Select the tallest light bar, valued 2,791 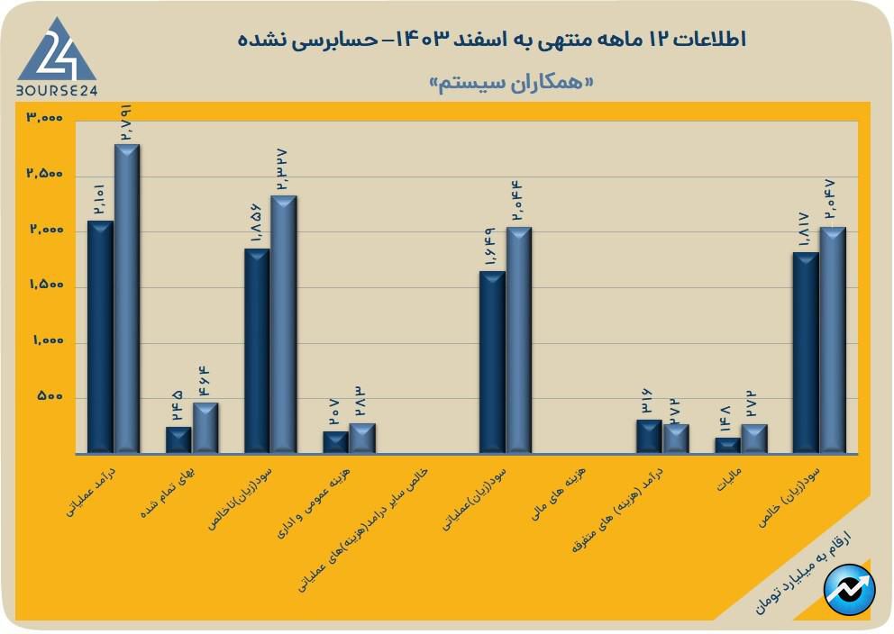[127, 297]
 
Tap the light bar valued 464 [205, 427]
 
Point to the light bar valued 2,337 [284, 323]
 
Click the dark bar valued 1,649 [492, 361]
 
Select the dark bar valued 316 [649, 435]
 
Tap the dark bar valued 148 [727, 444]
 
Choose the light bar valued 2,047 [832, 339]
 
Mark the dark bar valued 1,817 [806, 351]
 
